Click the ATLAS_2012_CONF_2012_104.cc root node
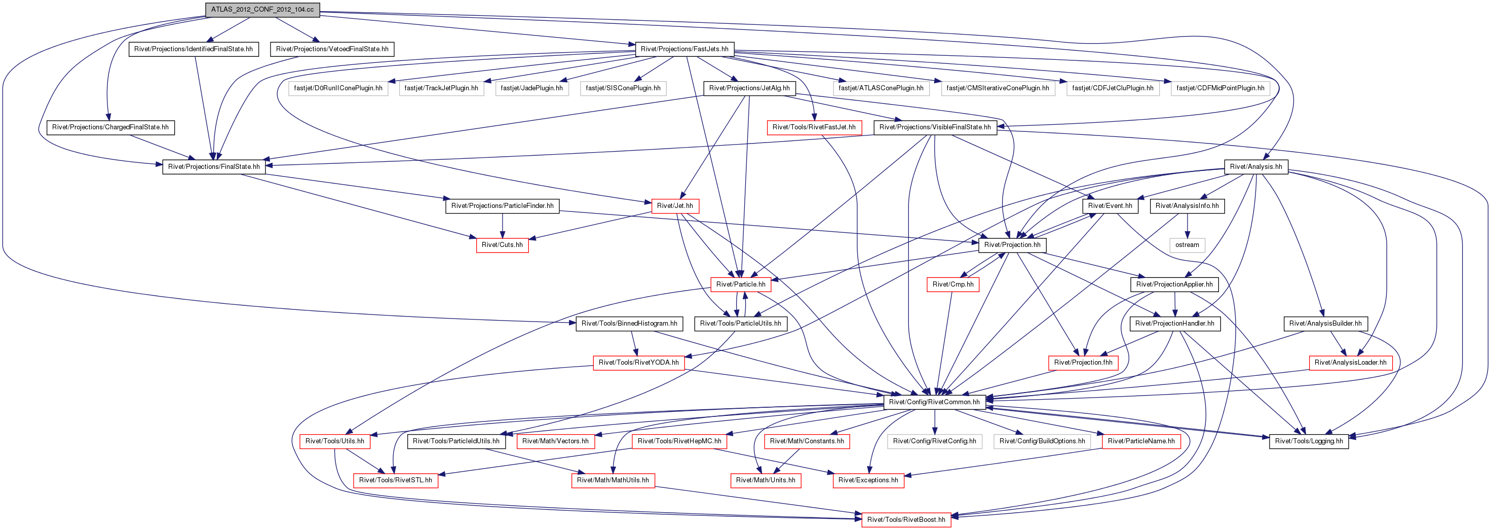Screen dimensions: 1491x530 click(x=262, y=10)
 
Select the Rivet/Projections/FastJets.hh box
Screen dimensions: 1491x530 click(x=684, y=49)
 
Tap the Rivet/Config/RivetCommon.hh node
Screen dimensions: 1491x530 click(x=934, y=402)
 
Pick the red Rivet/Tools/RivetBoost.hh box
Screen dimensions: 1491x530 click(x=906, y=519)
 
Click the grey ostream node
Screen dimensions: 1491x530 click(x=1187, y=245)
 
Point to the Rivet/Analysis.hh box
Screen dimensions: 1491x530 click(x=1256, y=167)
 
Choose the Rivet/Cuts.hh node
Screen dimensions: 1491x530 click(x=502, y=245)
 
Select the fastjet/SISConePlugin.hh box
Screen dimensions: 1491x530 click(x=623, y=88)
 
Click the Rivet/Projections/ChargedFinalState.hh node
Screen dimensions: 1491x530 click(x=110, y=127)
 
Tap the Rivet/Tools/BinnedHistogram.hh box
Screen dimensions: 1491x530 click(x=629, y=324)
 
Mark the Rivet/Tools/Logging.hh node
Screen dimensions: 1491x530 click(x=1309, y=441)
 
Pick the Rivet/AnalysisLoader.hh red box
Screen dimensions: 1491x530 click(x=1350, y=363)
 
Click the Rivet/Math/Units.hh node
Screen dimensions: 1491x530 click(x=765, y=480)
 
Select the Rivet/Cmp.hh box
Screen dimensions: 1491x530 click(x=953, y=285)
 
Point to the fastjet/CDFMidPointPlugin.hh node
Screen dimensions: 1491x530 click(x=1220, y=88)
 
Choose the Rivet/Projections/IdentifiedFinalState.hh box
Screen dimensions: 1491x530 click(x=194, y=49)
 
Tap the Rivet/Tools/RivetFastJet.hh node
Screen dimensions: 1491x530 click(x=814, y=127)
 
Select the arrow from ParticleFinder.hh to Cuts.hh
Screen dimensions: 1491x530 click(x=503, y=226)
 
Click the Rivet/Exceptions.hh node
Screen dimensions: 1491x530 click(x=868, y=480)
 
